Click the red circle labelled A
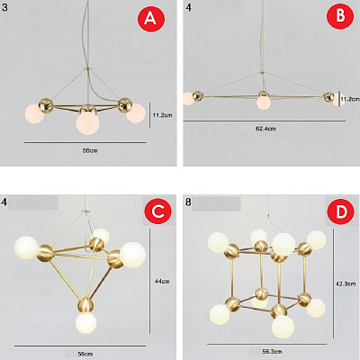(x=151, y=19)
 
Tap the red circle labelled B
(x=340, y=15)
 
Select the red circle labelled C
(x=157, y=211)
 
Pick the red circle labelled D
(x=341, y=211)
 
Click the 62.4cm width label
(x=265, y=129)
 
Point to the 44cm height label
(x=162, y=282)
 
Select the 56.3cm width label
(x=272, y=351)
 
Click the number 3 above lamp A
(x=4, y=6)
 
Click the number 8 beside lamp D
(x=188, y=202)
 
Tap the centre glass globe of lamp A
(x=87, y=122)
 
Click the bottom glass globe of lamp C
(x=86, y=323)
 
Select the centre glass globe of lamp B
(x=264, y=103)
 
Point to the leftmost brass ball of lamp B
(x=198, y=96)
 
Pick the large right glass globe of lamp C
(x=132, y=255)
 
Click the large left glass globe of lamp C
(x=27, y=247)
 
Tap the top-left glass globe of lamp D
(x=218, y=242)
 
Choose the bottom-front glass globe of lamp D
(x=283, y=327)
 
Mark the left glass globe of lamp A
(x=34, y=113)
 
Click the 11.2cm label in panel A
(x=162, y=115)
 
